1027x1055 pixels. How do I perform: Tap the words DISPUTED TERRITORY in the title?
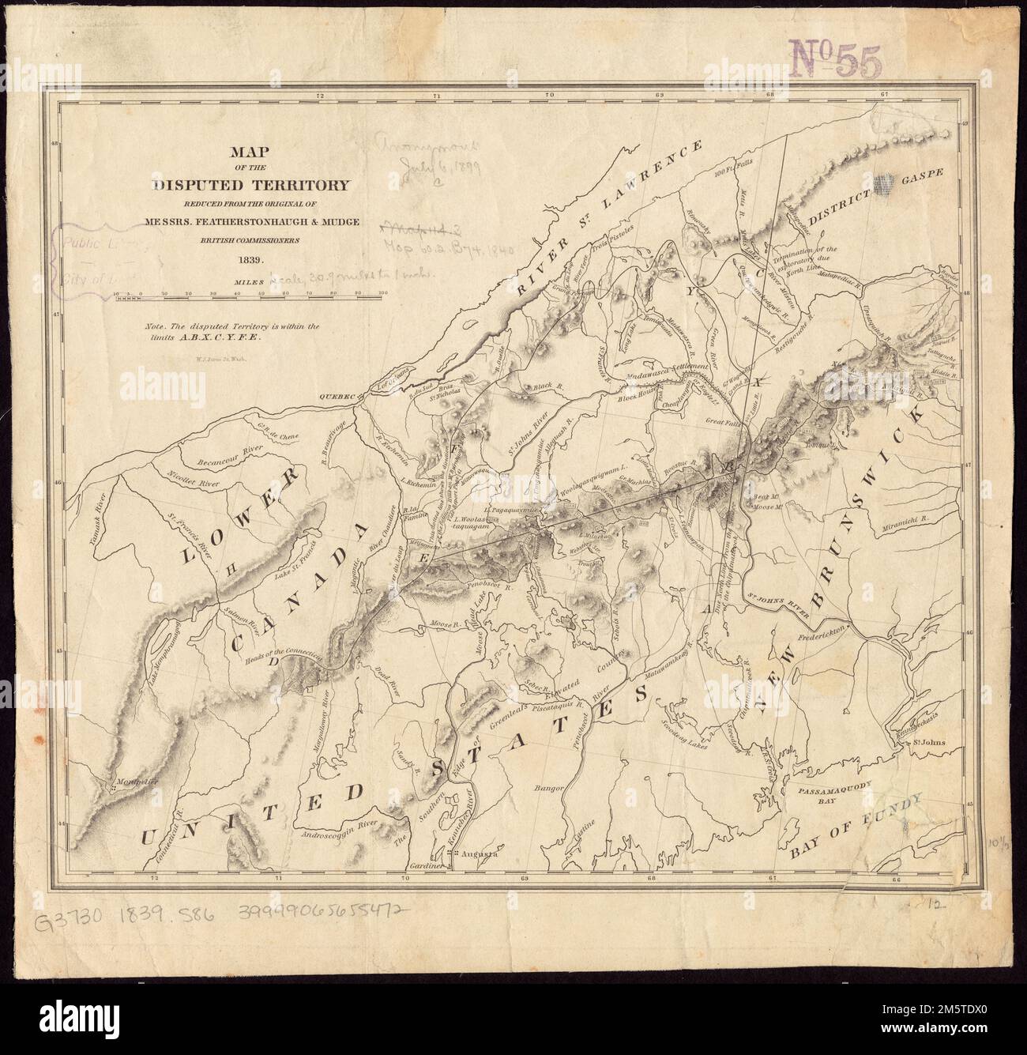(251, 186)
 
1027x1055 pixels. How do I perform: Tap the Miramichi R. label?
(905, 523)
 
